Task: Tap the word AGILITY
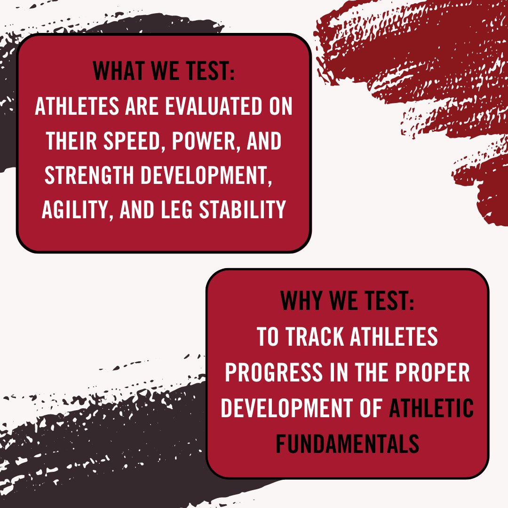[x=75, y=210]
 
